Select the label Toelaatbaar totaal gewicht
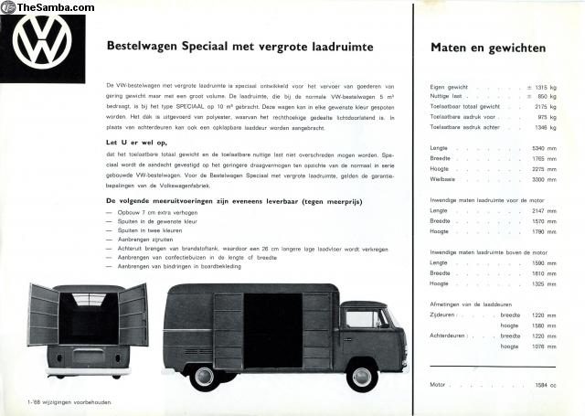click(x=464, y=107)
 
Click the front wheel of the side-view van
click(x=363, y=376)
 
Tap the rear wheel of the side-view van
click(x=204, y=376)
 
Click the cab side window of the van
click(x=363, y=317)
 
